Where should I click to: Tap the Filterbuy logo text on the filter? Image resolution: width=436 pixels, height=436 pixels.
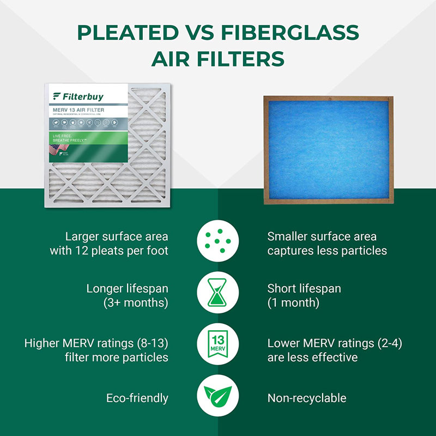tap(82, 97)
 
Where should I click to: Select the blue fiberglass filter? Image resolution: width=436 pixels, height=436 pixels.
tap(328, 150)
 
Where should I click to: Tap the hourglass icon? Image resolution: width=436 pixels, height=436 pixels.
tap(218, 295)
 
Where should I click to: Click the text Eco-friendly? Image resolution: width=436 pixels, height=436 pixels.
tap(137, 398)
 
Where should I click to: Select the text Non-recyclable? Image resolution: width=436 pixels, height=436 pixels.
tap(307, 398)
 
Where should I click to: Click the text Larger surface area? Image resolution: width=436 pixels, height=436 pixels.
tap(117, 237)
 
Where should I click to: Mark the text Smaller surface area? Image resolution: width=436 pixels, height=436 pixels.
tap(322, 237)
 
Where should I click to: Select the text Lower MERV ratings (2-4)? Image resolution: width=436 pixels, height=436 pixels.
tap(335, 344)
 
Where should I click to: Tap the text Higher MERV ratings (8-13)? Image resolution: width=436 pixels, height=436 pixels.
tap(96, 344)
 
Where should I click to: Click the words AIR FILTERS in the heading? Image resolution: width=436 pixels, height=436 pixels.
tap(218, 58)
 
